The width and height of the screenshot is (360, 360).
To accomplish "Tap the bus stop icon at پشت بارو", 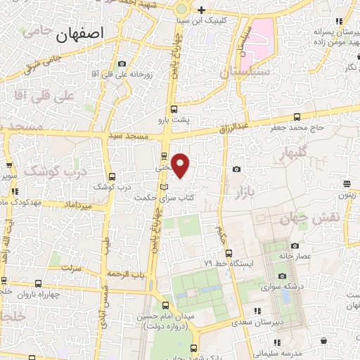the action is tap(174, 109).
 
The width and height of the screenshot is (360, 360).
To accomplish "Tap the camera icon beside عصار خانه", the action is tap(294, 245).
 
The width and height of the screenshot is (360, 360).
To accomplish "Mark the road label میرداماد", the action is tap(77, 205).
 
